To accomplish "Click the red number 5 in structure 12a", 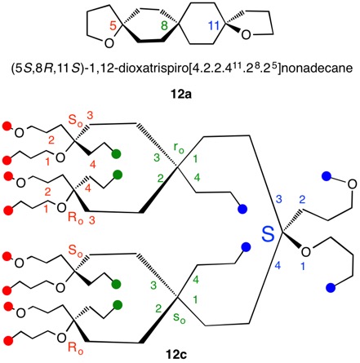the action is click(x=113, y=26).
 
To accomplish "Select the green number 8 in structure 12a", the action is click(x=164, y=26).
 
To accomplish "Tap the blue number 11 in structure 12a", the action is click(x=214, y=26).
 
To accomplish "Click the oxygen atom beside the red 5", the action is click(x=109, y=43).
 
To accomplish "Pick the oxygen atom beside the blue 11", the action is click(x=246, y=34).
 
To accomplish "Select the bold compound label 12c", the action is click(x=176, y=355).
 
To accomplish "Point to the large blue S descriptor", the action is click(x=268, y=234).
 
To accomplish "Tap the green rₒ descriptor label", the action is click(x=179, y=148).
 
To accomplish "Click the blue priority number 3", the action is click(x=278, y=199).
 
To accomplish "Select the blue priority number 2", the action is click(x=302, y=200).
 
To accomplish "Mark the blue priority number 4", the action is click(x=278, y=266).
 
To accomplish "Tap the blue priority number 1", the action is click(x=303, y=266).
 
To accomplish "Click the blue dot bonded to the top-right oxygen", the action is click(x=326, y=176).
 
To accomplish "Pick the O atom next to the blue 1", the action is click(x=306, y=252).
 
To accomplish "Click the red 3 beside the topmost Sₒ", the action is click(x=90, y=115).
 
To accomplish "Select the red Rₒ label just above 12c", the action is click(x=75, y=348).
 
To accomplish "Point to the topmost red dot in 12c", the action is click(x=7, y=126).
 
